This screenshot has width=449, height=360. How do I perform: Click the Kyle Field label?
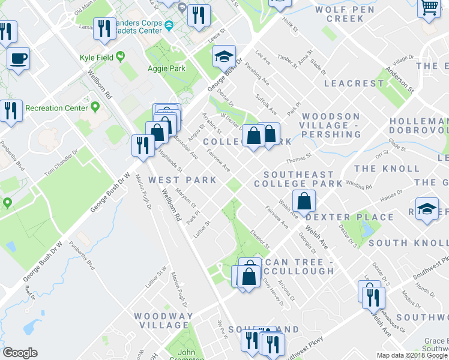click(97, 58)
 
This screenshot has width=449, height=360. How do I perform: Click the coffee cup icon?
click(18, 59)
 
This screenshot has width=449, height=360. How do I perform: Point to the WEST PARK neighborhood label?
click(173, 179)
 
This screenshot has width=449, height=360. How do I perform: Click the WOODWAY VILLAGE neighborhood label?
click(163, 320)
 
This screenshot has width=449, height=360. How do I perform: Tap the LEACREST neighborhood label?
click(354, 83)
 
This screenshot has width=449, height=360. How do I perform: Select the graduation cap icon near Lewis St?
click(224, 57)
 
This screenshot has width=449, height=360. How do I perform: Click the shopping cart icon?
click(429, 8)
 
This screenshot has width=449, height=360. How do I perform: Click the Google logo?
click(20, 353)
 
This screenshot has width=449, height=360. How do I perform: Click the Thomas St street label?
click(298, 158)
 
